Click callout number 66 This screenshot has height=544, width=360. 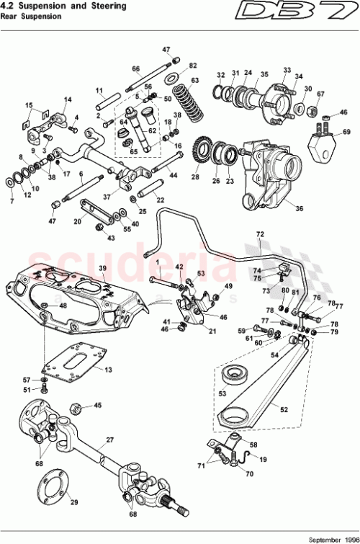135,69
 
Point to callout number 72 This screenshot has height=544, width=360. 260,235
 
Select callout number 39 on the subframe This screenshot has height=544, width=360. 102,268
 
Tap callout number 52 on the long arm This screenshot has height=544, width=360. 283,409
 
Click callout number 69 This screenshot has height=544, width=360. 346,132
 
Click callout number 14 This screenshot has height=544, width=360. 68,99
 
